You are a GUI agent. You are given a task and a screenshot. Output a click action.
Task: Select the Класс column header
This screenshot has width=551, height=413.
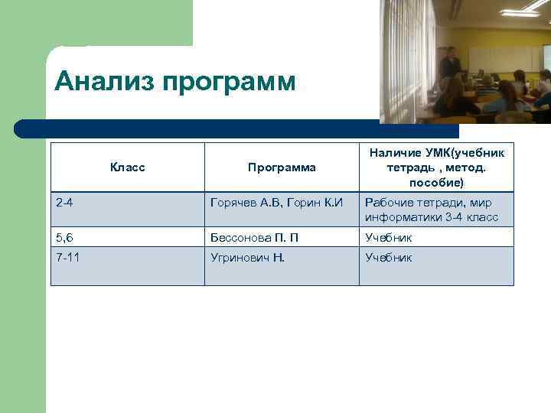click(x=128, y=167)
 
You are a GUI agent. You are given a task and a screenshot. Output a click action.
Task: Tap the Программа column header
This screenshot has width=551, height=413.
click(x=282, y=167)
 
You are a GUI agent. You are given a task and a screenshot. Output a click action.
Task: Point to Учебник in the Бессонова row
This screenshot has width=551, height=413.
click(x=389, y=238)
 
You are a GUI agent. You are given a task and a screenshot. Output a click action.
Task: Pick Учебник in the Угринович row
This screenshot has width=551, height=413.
click(x=389, y=258)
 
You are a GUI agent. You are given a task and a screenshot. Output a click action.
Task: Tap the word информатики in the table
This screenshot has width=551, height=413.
click(x=402, y=217)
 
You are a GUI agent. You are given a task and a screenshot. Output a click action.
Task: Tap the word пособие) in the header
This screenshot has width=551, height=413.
click(x=436, y=184)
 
